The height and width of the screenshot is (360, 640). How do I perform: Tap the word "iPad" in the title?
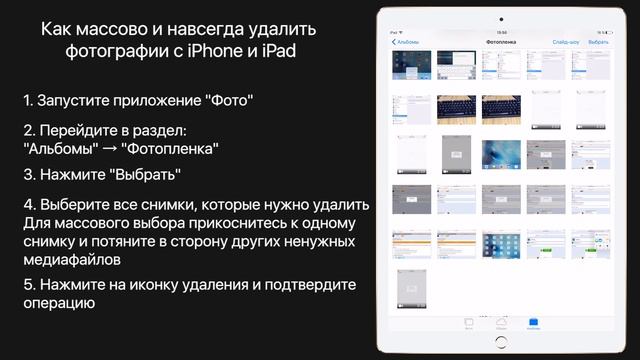pos(279,51)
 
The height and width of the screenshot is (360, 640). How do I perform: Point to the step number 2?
pos(27,131)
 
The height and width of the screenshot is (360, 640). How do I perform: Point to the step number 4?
pos(28,205)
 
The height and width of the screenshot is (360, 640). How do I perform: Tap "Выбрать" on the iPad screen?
pos(598,43)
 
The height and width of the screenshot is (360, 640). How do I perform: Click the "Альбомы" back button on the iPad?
pos(405,43)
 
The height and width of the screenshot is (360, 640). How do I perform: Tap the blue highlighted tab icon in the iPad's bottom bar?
pos(533,321)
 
